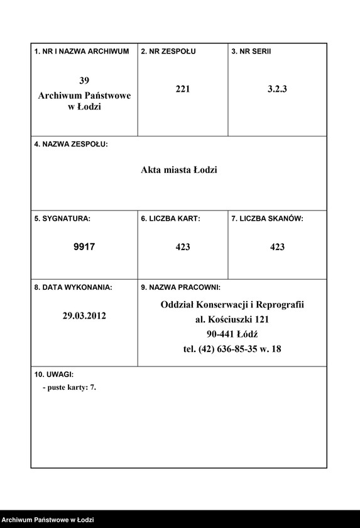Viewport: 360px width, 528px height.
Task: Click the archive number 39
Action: click(x=84, y=80)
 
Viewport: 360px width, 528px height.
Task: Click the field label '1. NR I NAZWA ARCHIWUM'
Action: click(x=82, y=51)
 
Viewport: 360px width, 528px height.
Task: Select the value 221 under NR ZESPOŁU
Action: click(x=183, y=89)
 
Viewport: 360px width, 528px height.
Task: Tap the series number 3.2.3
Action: click(x=277, y=89)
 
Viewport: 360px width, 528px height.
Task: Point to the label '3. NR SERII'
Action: click(x=251, y=51)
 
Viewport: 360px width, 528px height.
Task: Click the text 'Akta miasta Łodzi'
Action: click(x=179, y=170)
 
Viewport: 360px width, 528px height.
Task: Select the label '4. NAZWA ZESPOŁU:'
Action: click(x=71, y=144)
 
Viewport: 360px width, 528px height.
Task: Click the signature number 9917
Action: click(x=84, y=247)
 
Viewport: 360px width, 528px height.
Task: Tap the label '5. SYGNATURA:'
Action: click(x=62, y=219)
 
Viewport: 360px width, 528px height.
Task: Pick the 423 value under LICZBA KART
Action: click(x=183, y=247)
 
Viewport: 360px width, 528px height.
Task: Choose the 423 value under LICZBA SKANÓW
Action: click(x=277, y=247)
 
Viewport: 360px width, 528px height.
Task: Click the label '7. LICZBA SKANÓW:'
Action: click(x=267, y=219)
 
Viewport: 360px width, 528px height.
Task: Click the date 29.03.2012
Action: click(x=84, y=316)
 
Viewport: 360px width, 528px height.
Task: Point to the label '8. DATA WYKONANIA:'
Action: click(x=73, y=287)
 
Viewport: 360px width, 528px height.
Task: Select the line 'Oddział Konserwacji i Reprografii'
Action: click(x=232, y=305)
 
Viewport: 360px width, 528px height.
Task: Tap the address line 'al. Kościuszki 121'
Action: click(x=232, y=319)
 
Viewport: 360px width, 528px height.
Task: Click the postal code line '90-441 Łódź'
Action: click(x=232, y=334)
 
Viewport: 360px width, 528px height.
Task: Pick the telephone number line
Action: click(x=232, y=349)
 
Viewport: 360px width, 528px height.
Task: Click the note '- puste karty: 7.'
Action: click(x=69, y=388)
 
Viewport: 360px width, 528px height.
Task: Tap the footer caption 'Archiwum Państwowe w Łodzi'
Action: click(x=47, y=520)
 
